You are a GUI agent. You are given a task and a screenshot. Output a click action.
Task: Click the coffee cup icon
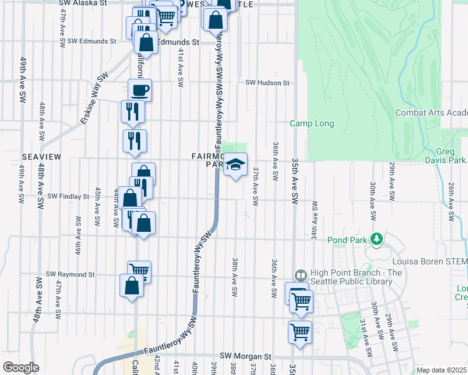pyautogui.click(x=140, y=90)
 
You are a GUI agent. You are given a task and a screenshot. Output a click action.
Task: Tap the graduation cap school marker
pyautogui.click(x=236, y=165)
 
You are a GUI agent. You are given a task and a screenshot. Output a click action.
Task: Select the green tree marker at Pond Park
pyautogui.click(x=376, y=238)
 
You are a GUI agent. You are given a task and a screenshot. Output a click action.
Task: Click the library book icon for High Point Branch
pyautogui.click(x=300, y=276)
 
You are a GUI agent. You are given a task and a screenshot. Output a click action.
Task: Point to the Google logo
pyautogui.click(x=21, y=367)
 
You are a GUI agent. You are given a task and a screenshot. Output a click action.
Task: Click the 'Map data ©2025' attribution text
pyautogui.click(x=441, y=370)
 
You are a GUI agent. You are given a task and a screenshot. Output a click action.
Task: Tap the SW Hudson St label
pyautogui.click(x=267, y=82)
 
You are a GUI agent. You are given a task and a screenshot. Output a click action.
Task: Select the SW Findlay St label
pyautogui.click(x=68, y=196)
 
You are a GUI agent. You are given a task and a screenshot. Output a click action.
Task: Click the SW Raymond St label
pyautogui.click(x=70, y=274)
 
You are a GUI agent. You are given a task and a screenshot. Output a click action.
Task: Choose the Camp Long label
pyautogui.click(x=312, y=124)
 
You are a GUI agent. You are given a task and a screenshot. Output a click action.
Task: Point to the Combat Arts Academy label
pyautogui.click(x=432, y=112)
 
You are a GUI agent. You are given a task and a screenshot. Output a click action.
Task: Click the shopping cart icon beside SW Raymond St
pyautogui.click(x=140, y=271)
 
